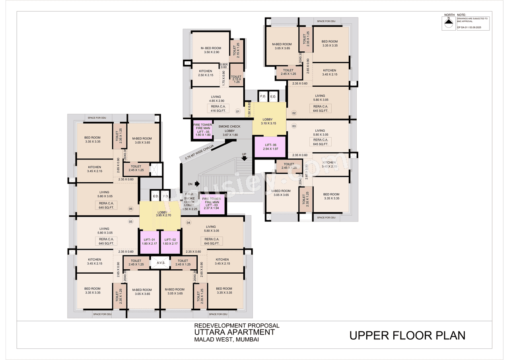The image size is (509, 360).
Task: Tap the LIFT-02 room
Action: click(170, 241)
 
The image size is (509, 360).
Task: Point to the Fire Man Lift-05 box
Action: click(202, 130)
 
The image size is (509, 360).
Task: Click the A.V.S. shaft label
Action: click(161, 263)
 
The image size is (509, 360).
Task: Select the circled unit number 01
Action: click(238, 112)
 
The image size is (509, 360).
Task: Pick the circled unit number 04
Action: click(188, 222)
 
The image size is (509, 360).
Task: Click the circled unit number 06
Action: click(130, 209)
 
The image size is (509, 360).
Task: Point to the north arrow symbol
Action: click(449, 24)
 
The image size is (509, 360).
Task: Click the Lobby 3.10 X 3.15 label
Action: click(268, 121)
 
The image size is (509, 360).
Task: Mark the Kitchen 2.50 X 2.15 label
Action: click(206, 73)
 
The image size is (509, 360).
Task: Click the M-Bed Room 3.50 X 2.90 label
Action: click(211, 50)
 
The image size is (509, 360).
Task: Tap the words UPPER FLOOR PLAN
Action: click(407, 335)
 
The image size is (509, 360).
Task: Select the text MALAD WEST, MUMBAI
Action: click(226, 340)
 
